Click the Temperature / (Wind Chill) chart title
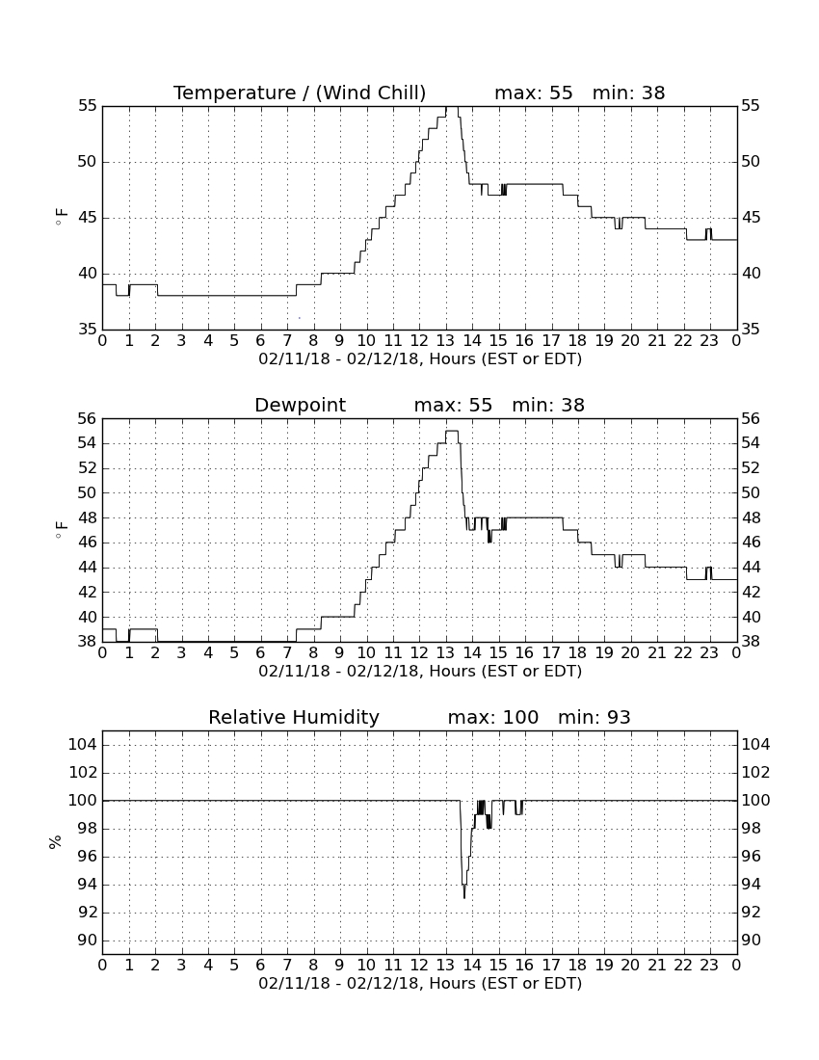coord(300,93)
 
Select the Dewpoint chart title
coord(300,405)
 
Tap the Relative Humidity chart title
coord(294,717)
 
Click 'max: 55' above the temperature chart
coord(534,93)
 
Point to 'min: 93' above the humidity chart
coord(594,717)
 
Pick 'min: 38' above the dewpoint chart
coord(548,405)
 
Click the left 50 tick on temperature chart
coord(88,162)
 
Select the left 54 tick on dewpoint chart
coord(88,443)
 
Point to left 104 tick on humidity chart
coord(83,745)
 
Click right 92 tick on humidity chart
coord(751,913)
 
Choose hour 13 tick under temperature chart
coord(446,340)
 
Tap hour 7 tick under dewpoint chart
coord(287,652)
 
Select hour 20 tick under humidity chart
coord(630,965)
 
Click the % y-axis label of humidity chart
coord(56,841)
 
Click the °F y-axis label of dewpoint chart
coord(61,529)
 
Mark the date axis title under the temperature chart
coord(420,359)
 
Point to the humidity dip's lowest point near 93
coord(464,898)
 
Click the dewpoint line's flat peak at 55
coord(452,431)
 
